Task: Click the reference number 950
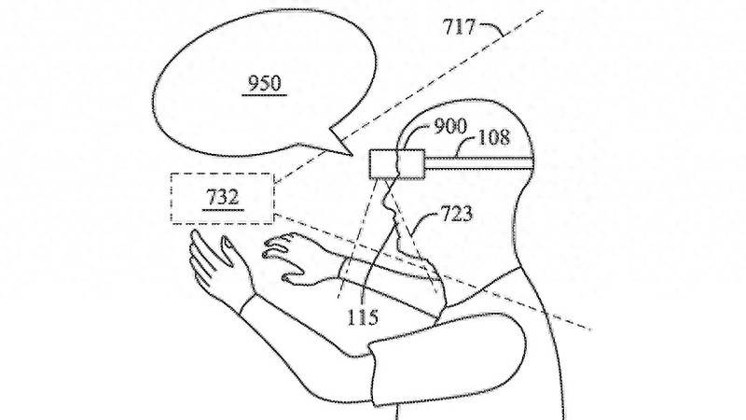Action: [x=265, y=83]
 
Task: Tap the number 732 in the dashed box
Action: [x=223, y=197]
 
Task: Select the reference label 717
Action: [x=459, y=27]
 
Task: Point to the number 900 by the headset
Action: [x=450, y=126]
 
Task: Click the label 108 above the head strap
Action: [x=493, y=137]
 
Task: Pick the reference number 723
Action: [x=457, y=214]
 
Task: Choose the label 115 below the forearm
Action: [x=363, y=316]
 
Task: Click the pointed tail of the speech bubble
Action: [x=352, y=154]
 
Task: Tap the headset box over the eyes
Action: [x=397, y=164]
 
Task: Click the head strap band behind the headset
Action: [x=478, y=163]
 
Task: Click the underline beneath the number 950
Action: [x=265, y=95]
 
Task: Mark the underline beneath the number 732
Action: [x=223, y=209]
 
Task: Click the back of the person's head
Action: [x=527, y=143]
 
